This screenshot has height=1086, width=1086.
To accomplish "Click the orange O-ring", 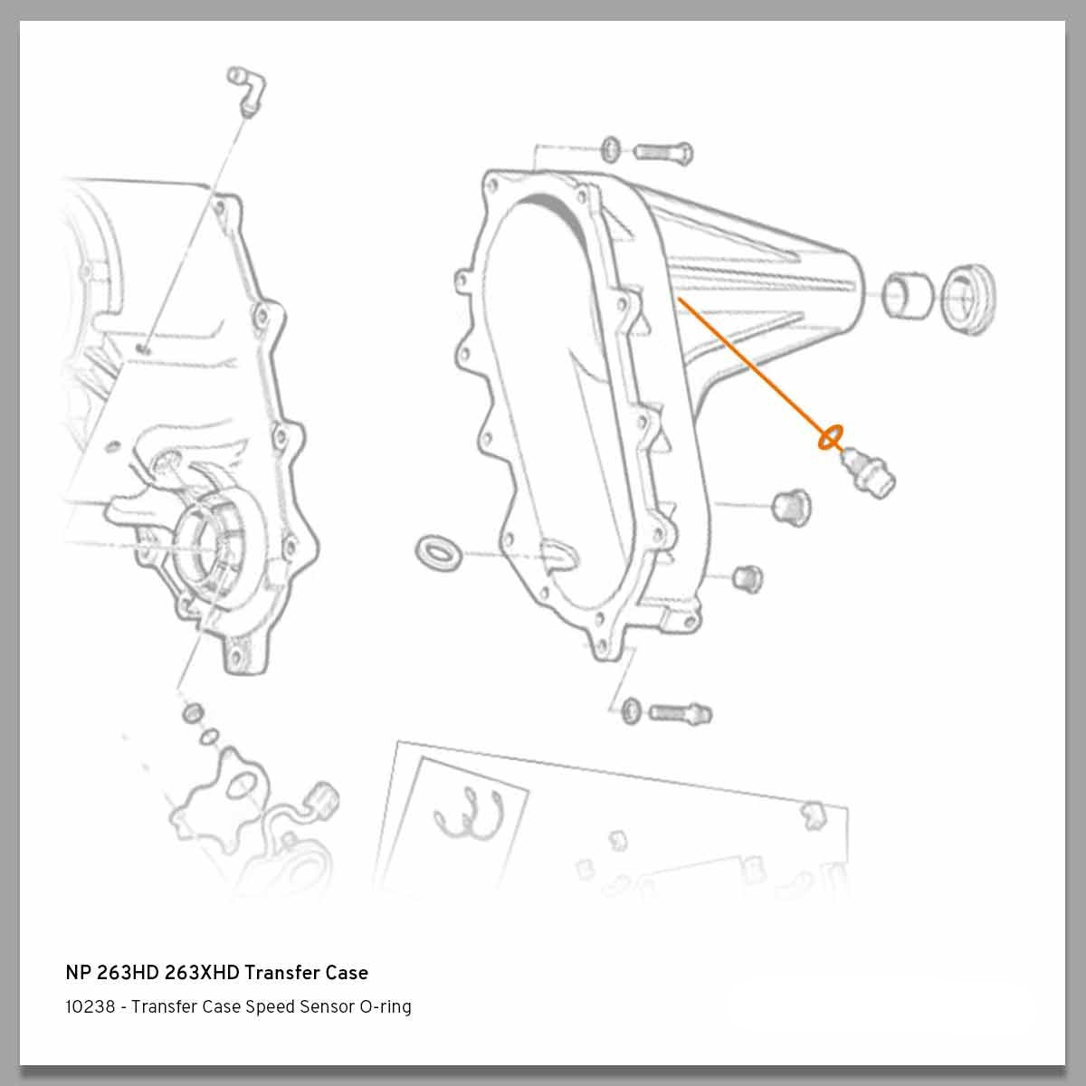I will coord(830,438).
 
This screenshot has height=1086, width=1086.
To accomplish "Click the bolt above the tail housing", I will coord(663,151).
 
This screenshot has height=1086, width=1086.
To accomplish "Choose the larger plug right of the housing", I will coord(789,505).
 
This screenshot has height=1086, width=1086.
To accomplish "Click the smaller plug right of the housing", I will coord(747,576).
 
